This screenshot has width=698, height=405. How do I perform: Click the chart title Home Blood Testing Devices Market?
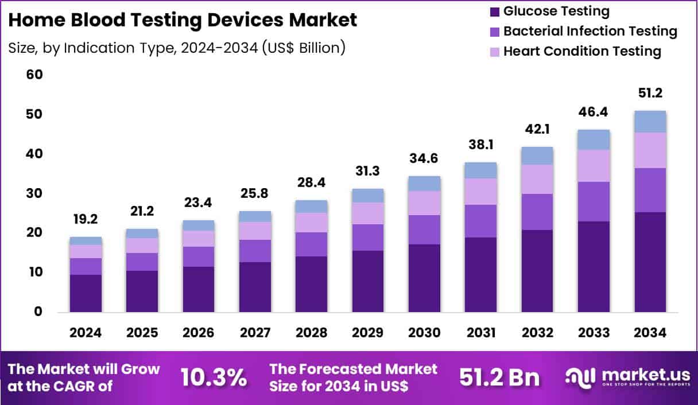coord(183,20)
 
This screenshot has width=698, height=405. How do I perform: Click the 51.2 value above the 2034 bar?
coord(650,94)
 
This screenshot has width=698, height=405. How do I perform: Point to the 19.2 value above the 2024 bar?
coord(86,219)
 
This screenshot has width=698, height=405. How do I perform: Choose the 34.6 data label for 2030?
coord(424,158)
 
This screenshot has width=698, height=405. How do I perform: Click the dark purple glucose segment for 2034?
coord(650,262)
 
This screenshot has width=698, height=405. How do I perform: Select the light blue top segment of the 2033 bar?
coord(594,139)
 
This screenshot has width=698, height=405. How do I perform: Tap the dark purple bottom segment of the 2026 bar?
coord(199,289)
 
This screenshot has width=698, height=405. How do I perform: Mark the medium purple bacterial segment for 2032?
coord(537,212)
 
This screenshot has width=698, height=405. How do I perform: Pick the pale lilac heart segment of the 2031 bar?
coord(481,191)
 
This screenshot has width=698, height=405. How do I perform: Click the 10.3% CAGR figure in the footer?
coord(214,377)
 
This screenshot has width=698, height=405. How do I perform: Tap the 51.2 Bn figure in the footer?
coord(499,377)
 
